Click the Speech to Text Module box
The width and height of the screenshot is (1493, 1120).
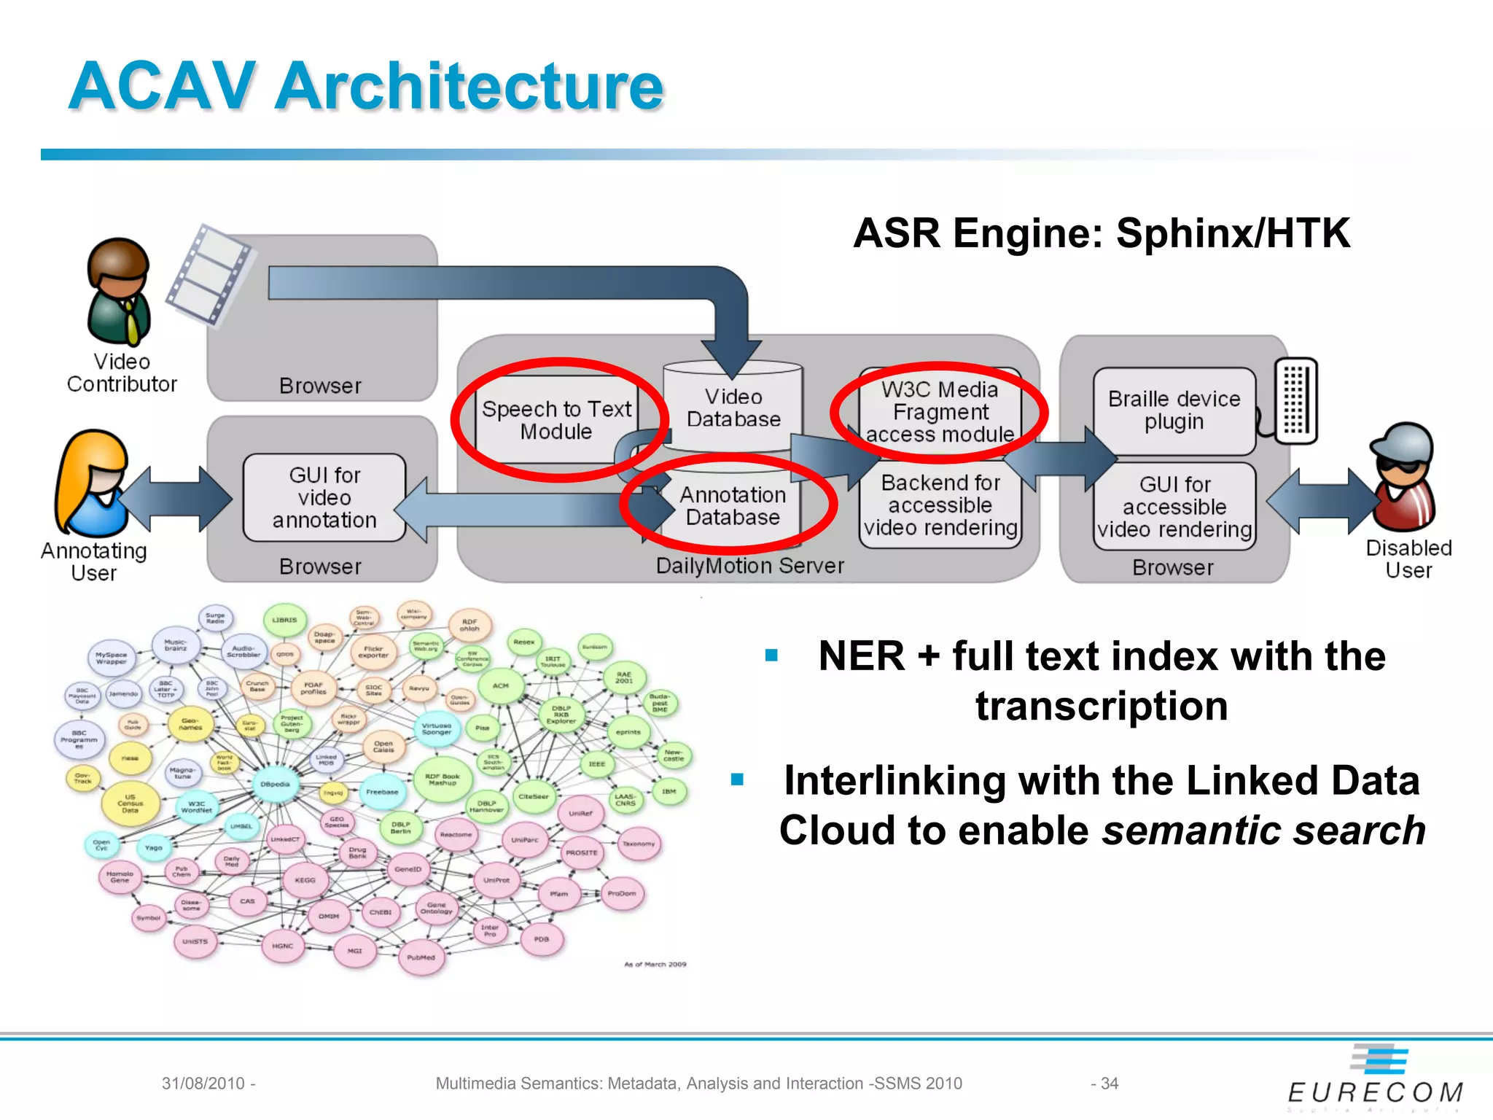tap(556, 420)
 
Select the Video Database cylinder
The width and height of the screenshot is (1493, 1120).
tap(733, 408)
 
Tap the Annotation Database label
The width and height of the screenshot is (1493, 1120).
tap(733, 505)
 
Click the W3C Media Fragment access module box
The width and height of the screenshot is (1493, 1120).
tap(940, 412)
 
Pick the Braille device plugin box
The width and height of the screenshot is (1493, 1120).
tap(1174, 411)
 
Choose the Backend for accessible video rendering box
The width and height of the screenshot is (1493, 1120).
tap(940, 505)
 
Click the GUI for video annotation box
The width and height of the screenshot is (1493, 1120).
tap(324, 497)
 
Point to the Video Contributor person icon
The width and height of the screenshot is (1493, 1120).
tap(119, 292)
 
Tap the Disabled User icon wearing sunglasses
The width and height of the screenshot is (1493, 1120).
tap(1404, 478)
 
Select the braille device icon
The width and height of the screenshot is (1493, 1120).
tap(1296, 400)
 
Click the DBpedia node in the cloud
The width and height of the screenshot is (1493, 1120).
tap(275, 785)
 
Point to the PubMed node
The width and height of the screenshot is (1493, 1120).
tap(421, 957)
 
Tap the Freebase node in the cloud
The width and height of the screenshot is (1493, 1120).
tap(382, 792)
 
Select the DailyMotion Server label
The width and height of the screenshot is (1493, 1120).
tap(749, 566)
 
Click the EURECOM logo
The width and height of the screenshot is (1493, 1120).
tap(1375, 1079)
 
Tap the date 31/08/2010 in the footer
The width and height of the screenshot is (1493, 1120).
tap(203, 1084)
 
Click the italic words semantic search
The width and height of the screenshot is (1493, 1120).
tap(1263, 831)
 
